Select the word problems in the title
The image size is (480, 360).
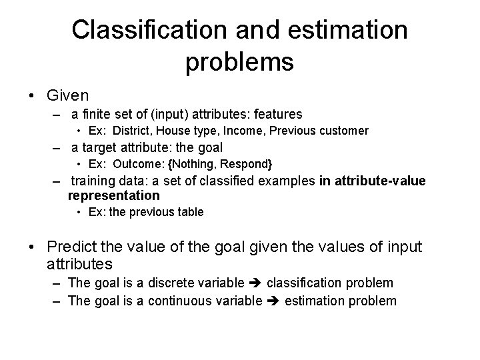click(x=240, y=61)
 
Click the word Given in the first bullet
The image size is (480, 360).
click(x=67, y=93)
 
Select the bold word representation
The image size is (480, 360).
click(x=114, y=195)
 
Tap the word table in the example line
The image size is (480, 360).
click(x=190, y=212)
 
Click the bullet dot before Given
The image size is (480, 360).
click(x=33, y=94)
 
